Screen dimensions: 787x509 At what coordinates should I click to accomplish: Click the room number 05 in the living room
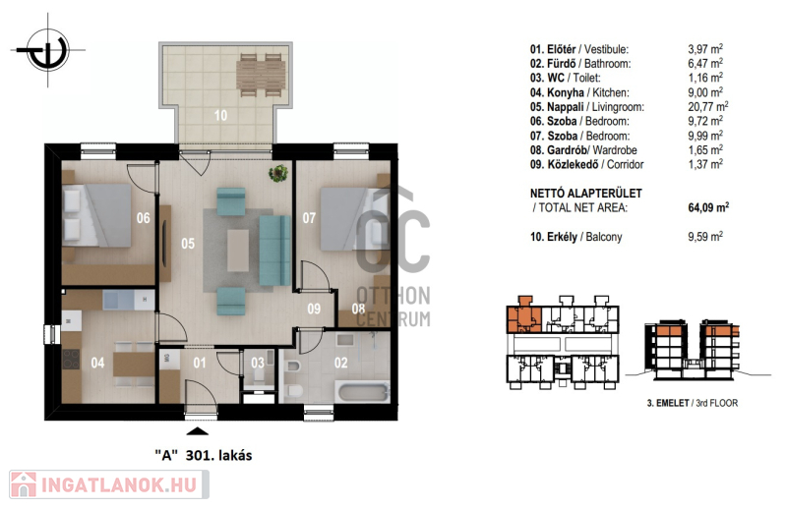pos(188,244)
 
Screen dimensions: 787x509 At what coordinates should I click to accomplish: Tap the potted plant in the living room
pos(278,173)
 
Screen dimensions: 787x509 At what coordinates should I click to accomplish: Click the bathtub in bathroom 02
pos(364,392)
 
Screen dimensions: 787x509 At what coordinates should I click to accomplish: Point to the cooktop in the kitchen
pos(71,359)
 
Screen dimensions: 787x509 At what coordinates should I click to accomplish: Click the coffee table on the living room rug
pos(237,251)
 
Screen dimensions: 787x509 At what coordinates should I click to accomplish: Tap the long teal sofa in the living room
pos(275,251)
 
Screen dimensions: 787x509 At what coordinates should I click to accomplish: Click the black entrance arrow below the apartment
pos(198,430)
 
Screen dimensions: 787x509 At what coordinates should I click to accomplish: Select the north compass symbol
pos(48,50)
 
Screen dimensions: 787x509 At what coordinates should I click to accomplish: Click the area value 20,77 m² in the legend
pos(707,106)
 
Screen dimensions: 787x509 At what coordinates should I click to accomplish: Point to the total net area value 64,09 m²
pos(708,207)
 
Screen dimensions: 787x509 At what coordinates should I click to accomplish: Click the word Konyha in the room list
pos(565,92)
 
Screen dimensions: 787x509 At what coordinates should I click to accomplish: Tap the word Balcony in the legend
pos(604,237)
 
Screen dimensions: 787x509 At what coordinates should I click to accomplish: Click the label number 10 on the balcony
pos(220,116)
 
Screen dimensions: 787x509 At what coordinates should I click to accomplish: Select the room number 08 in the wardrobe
pos(358,309)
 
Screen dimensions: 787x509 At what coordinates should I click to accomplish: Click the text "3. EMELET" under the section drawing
pos(668,403)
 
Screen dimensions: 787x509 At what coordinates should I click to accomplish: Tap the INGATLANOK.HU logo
pos(109,484)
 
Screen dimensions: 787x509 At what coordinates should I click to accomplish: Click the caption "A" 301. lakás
pos(204,455)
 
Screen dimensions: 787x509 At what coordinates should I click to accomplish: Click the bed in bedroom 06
pos(96,215)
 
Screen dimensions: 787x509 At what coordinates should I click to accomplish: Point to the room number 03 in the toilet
pos(258,363)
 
